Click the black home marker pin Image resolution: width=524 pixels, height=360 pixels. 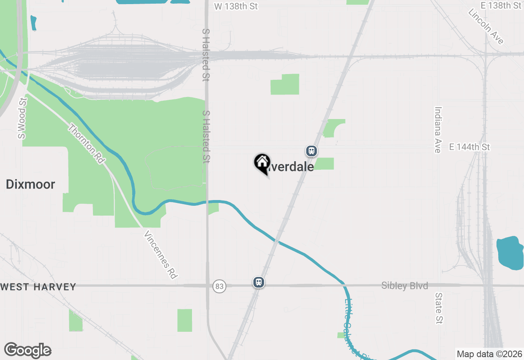tap(262, 163)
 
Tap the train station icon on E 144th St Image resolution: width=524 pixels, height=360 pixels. tap(312, 151)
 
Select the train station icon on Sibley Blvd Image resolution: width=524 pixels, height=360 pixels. tap(258, 282)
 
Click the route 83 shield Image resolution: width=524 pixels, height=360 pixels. tap(219, 286)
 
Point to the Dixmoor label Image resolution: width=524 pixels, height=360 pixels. tap(30, 184)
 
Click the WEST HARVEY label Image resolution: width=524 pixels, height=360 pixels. tap(38, 287)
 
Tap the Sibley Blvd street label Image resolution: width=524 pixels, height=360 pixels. tap(404, 286)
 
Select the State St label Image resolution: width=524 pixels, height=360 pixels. tap(439, 308)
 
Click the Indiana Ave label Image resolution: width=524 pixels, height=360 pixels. tap(438, 130)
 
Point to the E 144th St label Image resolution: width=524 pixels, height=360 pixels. tap(469, 147)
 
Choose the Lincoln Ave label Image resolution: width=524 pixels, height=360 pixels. tap(486, 26)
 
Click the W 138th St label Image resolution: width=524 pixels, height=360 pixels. tap(236, 6)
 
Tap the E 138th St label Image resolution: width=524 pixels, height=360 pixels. tap(501, 6)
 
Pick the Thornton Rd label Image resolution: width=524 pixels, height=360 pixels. tap(86, 144)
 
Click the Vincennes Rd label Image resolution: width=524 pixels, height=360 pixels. tap(161, 255)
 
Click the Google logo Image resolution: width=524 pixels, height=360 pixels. tap(28, 350)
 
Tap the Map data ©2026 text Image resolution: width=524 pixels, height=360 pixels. tap(489, 354)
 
